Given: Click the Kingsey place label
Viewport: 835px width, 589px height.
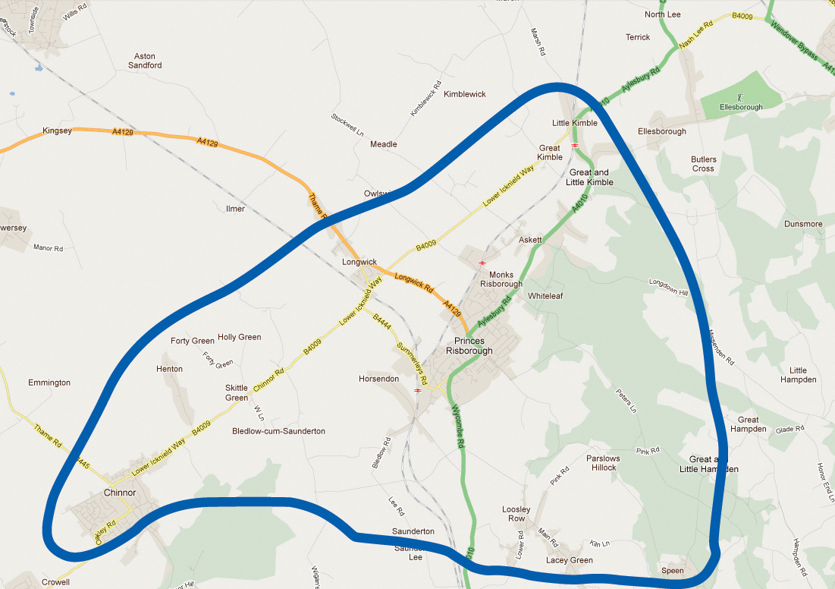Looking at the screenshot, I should click(x=57, y=131).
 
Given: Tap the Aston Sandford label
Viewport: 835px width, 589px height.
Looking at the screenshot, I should click(x=148, y=61).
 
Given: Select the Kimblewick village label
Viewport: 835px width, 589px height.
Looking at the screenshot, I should click(x=465, y=94).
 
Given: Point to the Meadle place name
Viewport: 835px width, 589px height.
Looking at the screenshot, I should click(x=383, y=144).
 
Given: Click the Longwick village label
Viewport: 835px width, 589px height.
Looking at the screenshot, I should click(x=359, y=262).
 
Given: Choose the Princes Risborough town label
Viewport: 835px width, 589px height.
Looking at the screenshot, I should click(x=469, y=346).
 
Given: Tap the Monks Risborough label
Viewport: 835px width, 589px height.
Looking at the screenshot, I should click(x=501, y=279).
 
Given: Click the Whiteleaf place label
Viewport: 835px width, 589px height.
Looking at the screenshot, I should click(x=546, y=295).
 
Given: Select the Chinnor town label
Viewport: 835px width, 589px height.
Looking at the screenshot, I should click(x=119, y=493).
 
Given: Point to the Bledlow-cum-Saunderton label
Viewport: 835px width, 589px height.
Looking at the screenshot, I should click(x=278, y=431).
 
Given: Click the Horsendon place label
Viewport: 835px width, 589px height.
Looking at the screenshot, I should click(x=379, y=378).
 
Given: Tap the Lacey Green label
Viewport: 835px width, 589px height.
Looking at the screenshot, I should click(x=570, y=560).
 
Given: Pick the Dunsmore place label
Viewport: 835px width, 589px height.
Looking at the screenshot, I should click(x=803, y=224).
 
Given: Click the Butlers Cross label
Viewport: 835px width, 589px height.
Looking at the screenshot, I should click(x=703, y=164).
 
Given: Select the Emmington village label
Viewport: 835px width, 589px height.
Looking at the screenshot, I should click(x=49, y=383).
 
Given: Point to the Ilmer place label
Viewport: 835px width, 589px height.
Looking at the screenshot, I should click(x=236, y=208).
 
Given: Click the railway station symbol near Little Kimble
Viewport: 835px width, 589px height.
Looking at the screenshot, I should click(x=576, y=143).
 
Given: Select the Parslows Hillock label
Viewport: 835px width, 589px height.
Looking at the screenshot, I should click(x=603, y=463).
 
